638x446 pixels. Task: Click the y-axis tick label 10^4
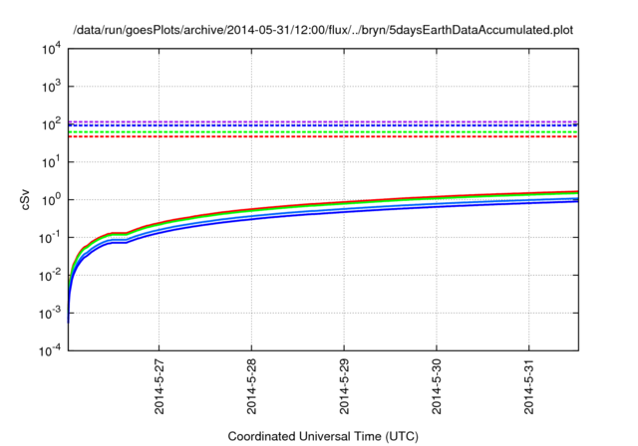coord(51,50)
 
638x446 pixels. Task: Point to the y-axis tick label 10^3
coord(51,87)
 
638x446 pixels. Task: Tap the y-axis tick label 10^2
coord(51,124)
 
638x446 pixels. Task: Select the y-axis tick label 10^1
coord(51,162)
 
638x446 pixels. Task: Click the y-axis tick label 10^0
coord(51,200)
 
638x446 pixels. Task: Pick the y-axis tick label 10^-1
coord(50,238)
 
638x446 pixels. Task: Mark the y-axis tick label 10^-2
coord(50,276)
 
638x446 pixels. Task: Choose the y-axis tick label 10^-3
coord(50,314)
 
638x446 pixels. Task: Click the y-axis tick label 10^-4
coord(50,350)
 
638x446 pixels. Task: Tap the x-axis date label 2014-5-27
coord(159,386)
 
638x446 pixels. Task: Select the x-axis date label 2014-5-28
coord(251,386)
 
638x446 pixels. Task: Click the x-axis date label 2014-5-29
coord(344,386)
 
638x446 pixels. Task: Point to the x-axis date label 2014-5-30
coord(437,386)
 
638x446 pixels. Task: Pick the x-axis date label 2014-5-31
coord(529,386)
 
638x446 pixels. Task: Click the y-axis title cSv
coord(25,200)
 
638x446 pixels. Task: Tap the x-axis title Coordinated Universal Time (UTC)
coord(323,437)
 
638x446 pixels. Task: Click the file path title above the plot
coord(323,31)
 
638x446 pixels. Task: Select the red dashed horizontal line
coord(323,137)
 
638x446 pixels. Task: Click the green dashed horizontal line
coord(323,132)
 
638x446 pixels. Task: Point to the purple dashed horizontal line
coord(323,121)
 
